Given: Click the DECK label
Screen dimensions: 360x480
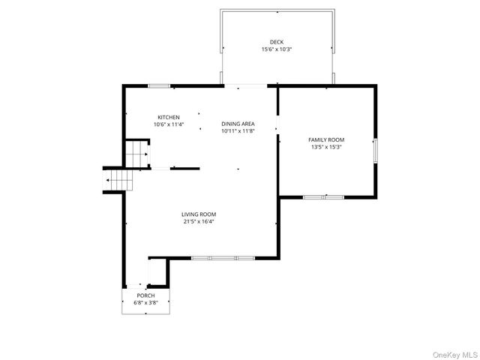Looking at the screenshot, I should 277,42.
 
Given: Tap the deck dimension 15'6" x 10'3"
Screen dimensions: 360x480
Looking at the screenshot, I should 277,49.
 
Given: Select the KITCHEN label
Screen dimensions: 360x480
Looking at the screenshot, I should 169,117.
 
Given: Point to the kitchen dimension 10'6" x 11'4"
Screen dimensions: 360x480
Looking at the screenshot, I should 169,124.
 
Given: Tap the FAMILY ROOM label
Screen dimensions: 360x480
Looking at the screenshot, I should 326,139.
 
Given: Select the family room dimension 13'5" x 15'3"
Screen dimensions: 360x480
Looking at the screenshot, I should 326,147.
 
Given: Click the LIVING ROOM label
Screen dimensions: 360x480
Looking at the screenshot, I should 199,214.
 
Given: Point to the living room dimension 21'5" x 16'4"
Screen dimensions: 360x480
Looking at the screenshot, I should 199,221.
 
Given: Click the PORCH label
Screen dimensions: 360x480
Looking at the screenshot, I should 145,295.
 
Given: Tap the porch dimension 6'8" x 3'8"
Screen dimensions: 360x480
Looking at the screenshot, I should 145,303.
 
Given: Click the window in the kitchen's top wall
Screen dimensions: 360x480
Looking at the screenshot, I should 158,86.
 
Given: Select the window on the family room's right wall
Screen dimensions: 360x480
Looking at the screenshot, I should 376,150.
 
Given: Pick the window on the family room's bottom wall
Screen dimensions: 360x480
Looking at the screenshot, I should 323,197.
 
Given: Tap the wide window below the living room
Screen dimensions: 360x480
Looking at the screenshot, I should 223,258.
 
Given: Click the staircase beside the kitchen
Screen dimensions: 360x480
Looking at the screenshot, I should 136,154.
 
